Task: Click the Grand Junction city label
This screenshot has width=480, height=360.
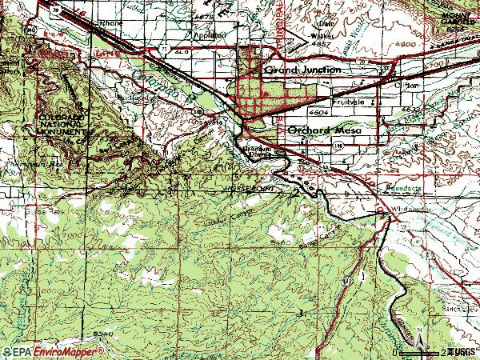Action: click(303, 70)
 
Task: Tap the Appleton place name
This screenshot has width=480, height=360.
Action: click(206, 35)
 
